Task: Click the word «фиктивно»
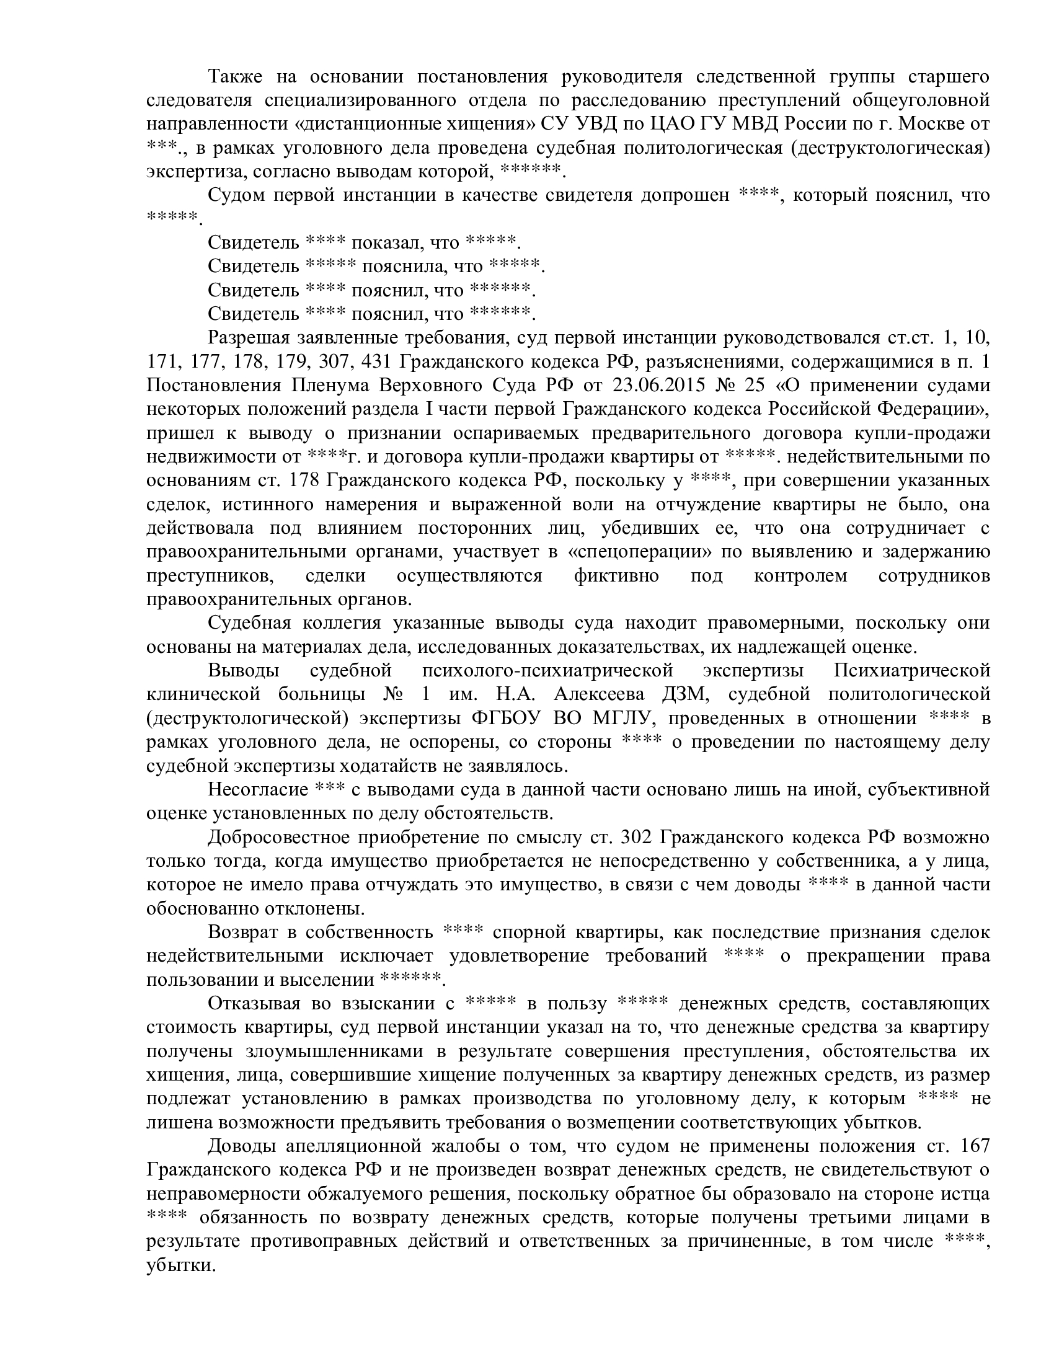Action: click(616, 575)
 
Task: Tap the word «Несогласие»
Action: click(258, 789)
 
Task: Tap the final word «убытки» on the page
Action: click(180, 1241)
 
